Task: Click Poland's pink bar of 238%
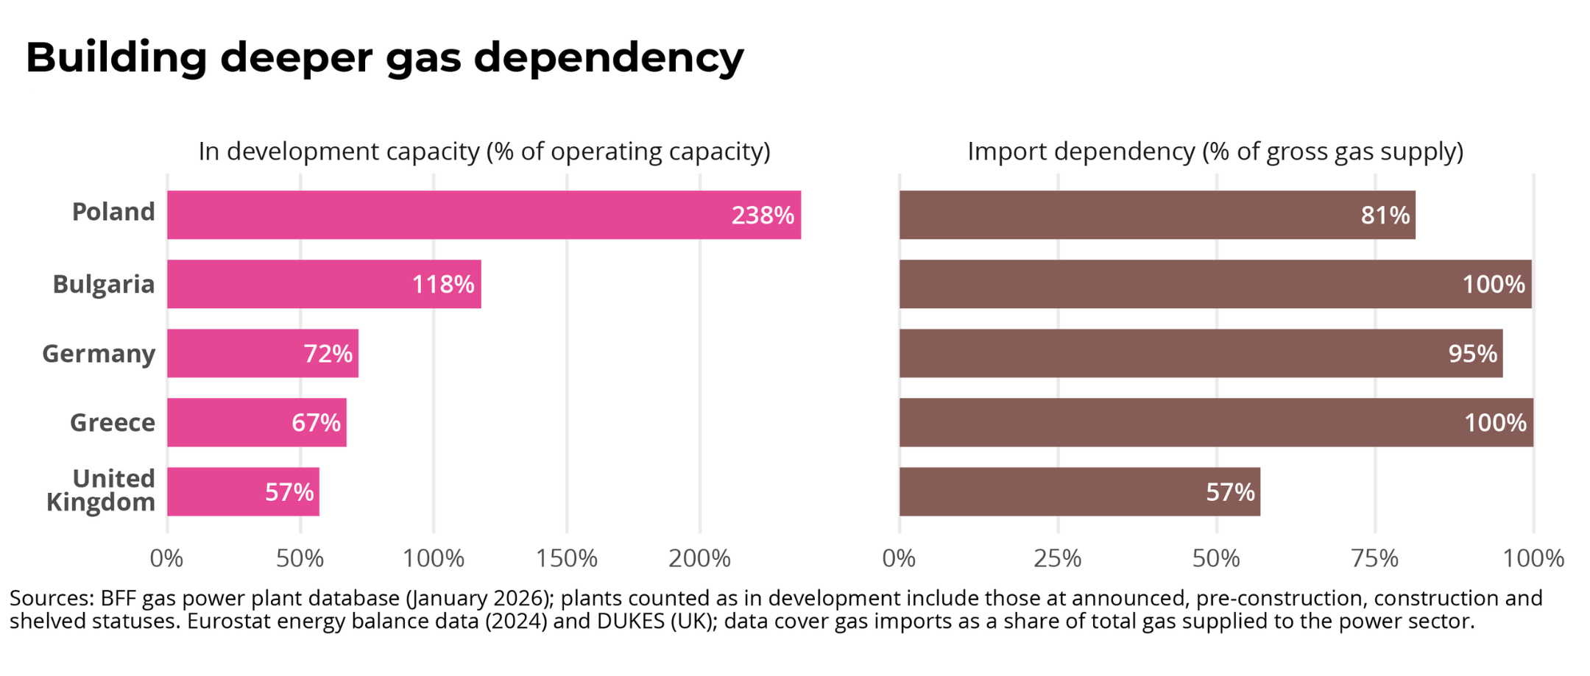484,215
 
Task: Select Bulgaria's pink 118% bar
324,284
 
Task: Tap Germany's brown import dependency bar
1201,353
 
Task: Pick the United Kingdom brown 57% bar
1080,491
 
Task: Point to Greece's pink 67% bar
257,422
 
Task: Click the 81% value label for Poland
1385,215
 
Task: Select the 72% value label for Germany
328,354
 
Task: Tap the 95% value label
1472,354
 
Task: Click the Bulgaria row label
104,284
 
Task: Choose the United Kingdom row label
101,490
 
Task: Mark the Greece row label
113,422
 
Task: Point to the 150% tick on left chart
566,559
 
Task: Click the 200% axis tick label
699,559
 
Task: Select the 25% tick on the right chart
1058,559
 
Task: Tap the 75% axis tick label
1375,559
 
